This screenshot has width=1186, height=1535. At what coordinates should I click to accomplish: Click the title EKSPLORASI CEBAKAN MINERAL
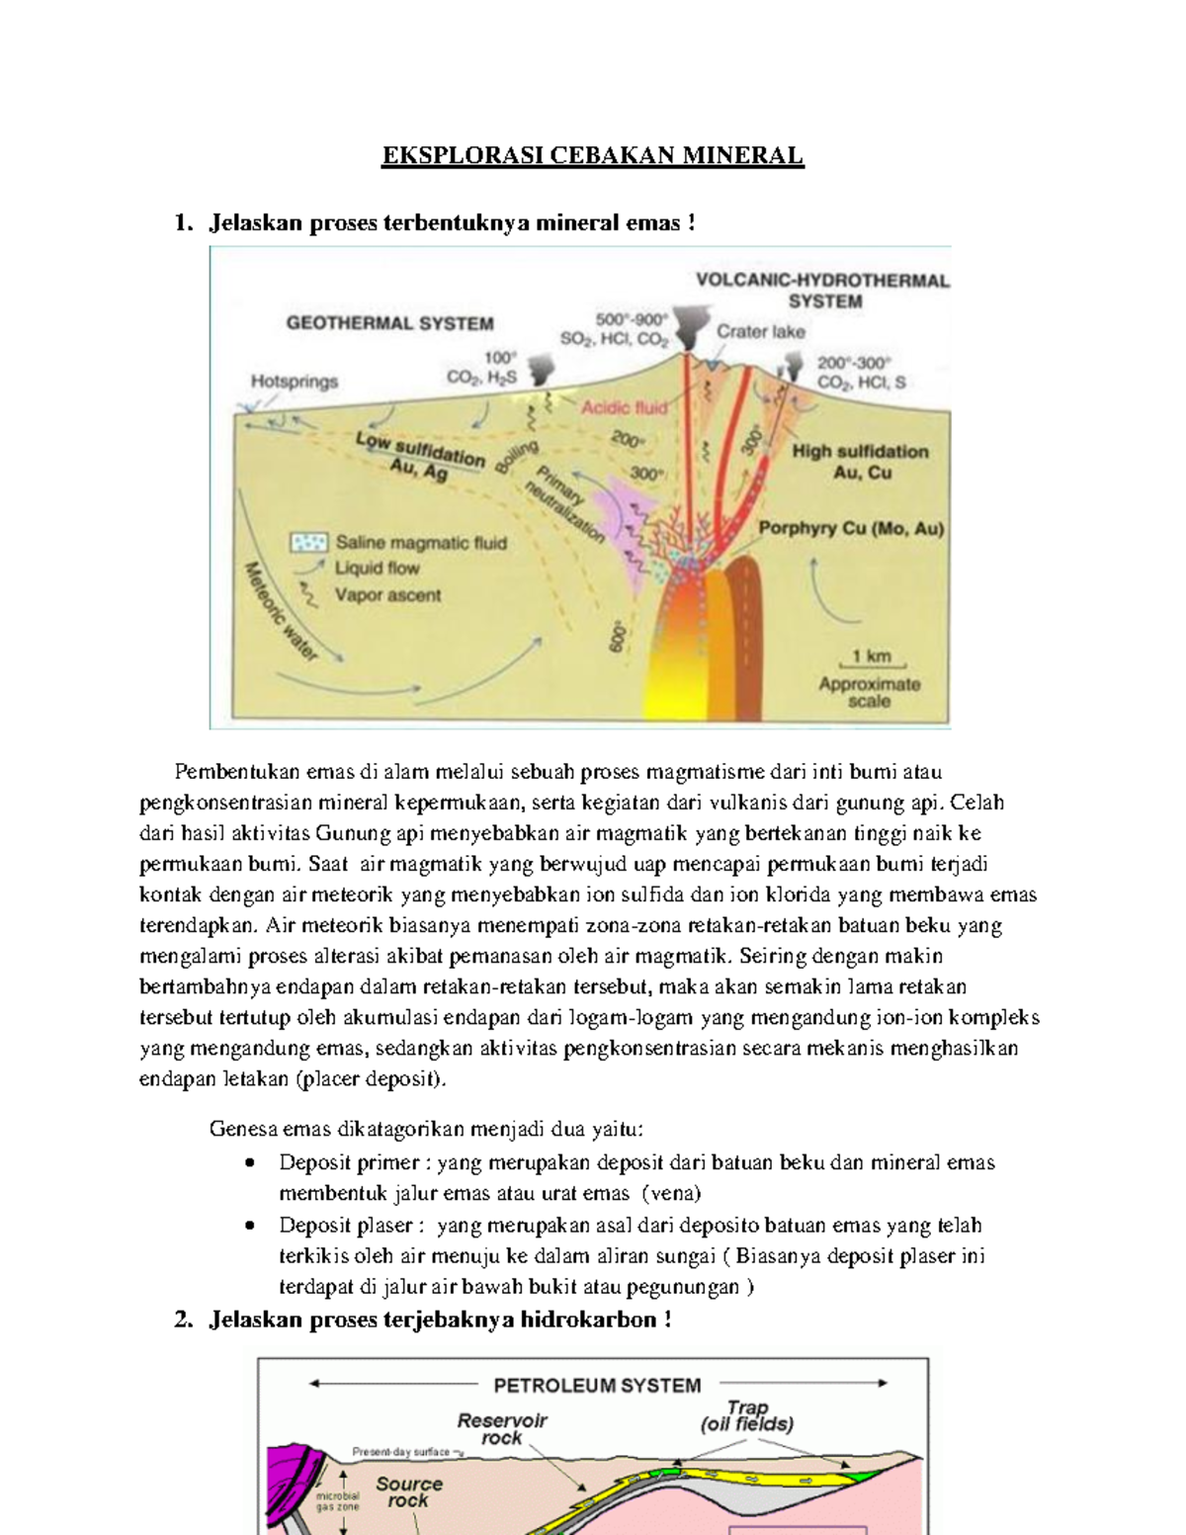click(593, 156)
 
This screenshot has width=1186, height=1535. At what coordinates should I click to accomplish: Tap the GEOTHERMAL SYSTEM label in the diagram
click(389, 323)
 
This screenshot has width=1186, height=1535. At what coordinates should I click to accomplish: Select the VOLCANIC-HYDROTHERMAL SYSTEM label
click(822, 291)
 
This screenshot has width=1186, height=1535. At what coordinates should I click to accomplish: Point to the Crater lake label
click(760, 332)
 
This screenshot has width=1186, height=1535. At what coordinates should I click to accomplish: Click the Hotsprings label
click(294, 382)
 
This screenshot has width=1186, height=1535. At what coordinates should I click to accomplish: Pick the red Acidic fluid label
click(624, 407)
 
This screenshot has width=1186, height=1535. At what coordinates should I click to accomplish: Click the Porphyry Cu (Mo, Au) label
click(850, 529)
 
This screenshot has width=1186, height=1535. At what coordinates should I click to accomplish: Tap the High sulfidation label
click(860, 452)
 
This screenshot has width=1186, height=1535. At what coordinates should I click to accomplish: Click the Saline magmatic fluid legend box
click(308, 543)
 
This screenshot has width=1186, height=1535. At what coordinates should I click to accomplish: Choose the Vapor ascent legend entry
click(387, 595)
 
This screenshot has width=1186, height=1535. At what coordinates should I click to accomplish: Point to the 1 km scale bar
click(871, 664)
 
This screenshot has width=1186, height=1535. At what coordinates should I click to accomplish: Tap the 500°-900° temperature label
click(632, 319)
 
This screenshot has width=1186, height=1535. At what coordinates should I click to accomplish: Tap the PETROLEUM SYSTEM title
click(597, 1385)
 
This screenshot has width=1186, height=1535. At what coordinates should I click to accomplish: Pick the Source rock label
click(408, 1492)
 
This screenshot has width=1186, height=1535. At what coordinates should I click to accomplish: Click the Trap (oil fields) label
click(747, 1415)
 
